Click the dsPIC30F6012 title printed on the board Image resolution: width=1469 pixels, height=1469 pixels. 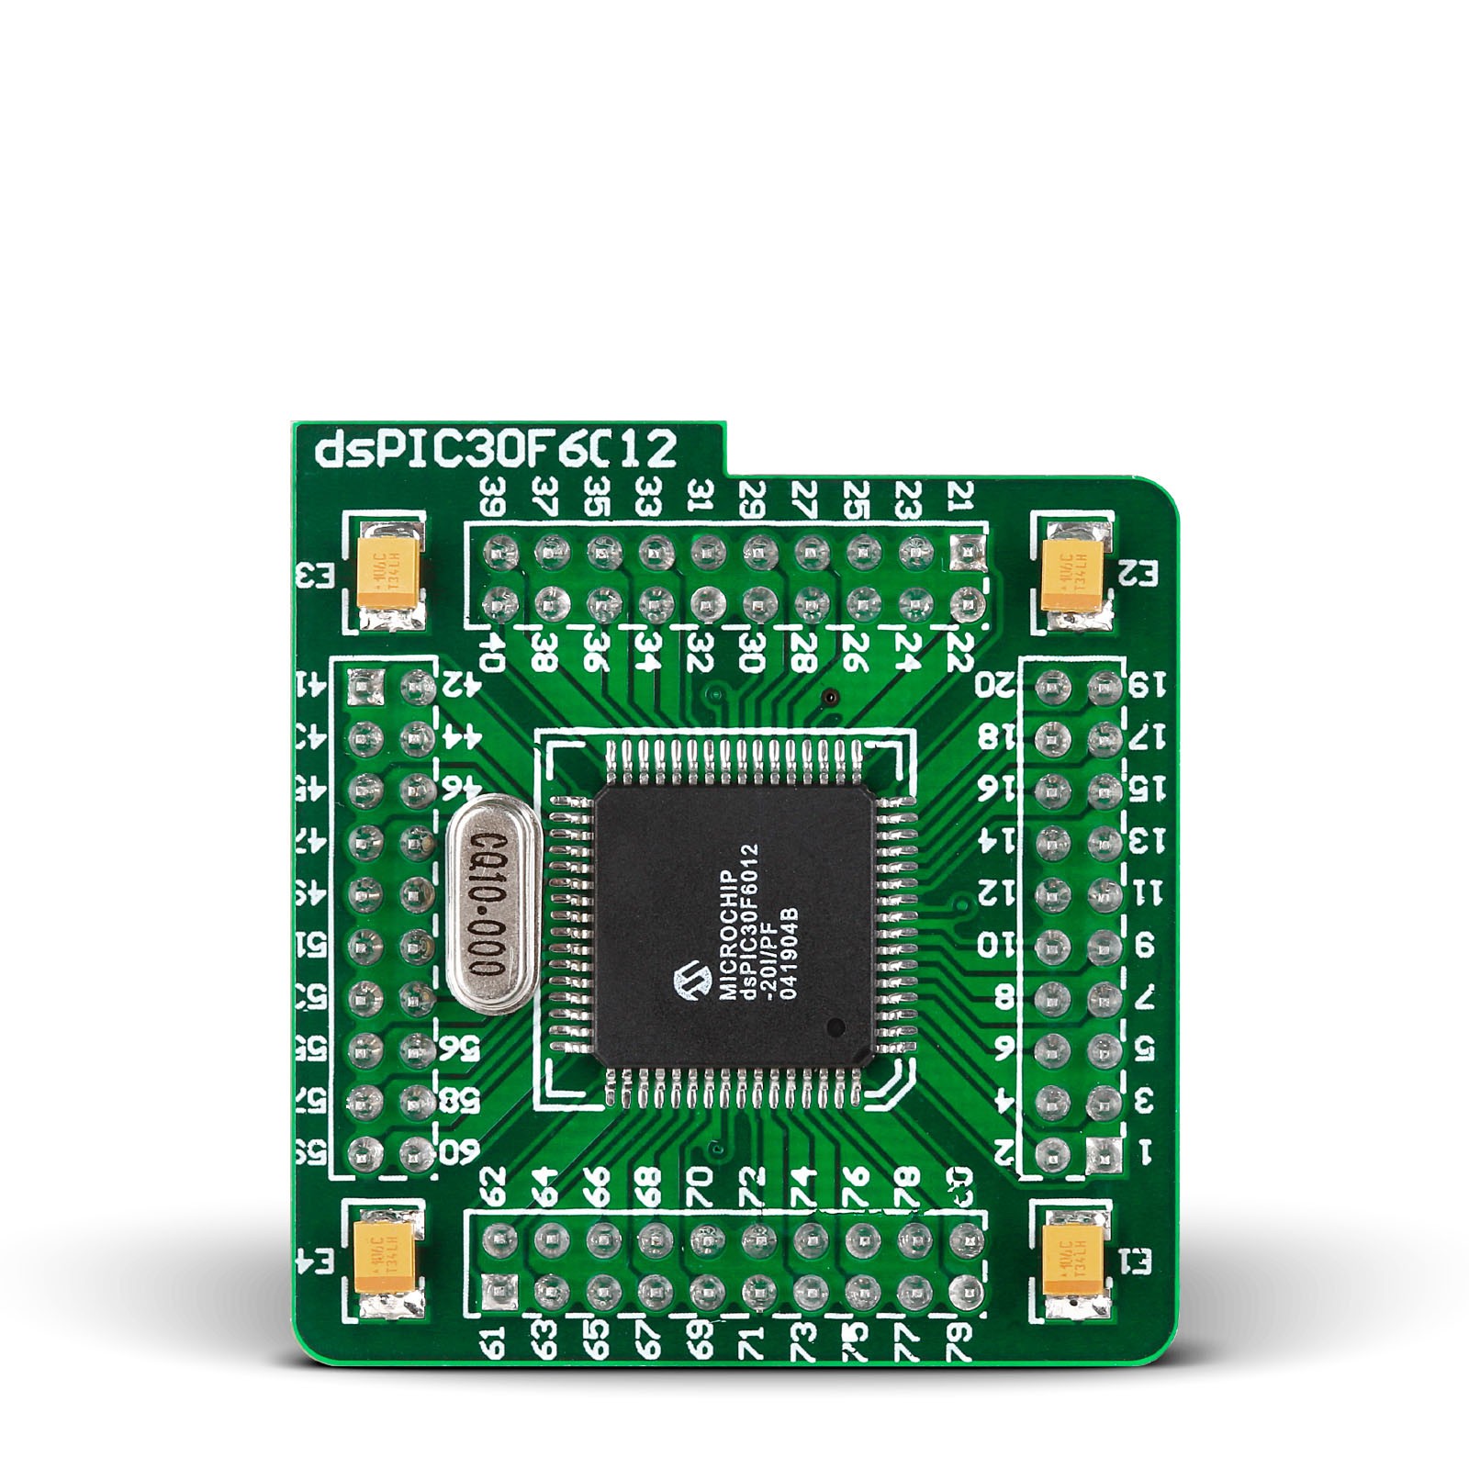pyautogui.click(x=496, y=451)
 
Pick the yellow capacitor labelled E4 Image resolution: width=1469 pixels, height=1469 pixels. pyautogui.click(x=387, y=1258)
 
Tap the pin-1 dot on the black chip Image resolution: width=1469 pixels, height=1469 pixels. pyautogui.click(x=835, y=1026)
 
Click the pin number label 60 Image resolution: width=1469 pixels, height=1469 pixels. pyautogui.click(x=459, y=1150)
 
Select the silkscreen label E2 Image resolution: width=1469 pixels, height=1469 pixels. pyautogui.click(x=1139, y=574)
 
